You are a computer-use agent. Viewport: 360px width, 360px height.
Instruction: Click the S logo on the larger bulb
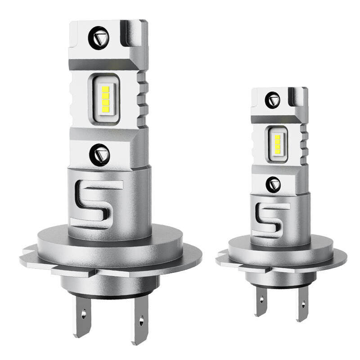click(98, 204)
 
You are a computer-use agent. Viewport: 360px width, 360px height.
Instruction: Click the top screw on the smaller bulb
click(272, 99)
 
